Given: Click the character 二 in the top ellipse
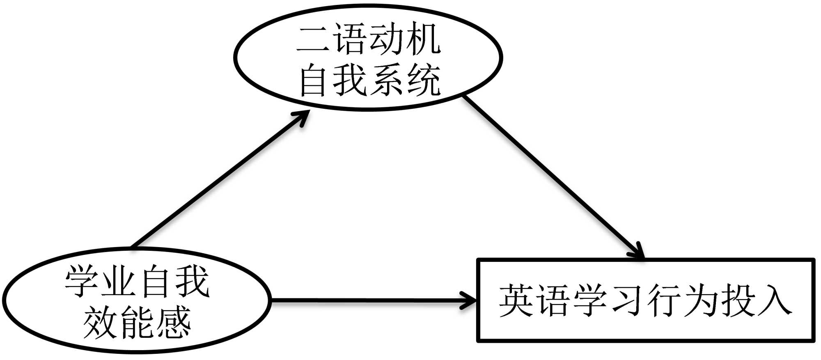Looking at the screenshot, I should (x=314, y=41).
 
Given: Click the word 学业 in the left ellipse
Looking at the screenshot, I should (x=100, y=282).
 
